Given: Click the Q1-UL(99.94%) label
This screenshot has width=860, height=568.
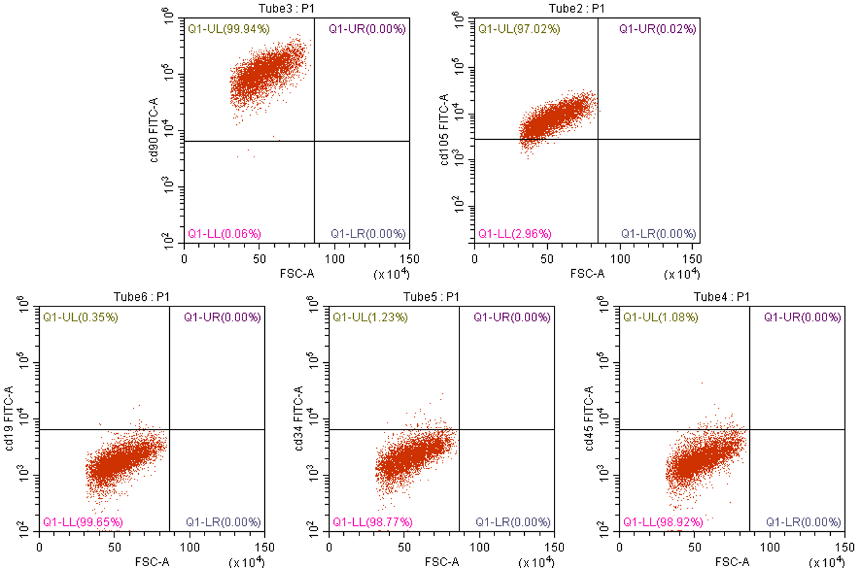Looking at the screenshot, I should click(x=228, y=29).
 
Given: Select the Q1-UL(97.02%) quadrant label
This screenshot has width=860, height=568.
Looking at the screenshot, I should click(x=519, y=29).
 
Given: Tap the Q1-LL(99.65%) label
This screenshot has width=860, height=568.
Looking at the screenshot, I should click(x=83, y=522).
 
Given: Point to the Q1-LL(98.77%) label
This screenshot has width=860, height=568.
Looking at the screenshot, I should click(x=372, y=522).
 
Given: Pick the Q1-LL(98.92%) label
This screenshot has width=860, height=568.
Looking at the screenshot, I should click(x=663, y=522).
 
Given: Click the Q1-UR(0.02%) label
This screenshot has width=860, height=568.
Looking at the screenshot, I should click(x=657, y=29).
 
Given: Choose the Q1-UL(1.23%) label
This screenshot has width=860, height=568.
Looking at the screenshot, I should click(x=370, y=317).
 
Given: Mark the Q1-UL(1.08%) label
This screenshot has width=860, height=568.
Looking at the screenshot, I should click(x=660, y=317).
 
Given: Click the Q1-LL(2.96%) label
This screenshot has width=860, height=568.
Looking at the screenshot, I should click(x=514, y=234).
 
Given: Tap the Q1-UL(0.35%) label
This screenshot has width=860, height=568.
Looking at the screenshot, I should click(x=80, y=317).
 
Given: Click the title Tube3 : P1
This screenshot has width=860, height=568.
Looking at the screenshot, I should click(x=287, y=8).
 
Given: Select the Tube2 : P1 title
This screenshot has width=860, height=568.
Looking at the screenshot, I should click(x=576, y=8).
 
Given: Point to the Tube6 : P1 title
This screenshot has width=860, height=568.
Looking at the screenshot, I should click(x=141, y=296).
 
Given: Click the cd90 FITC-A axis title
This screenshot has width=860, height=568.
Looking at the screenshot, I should click(x=154, y=130).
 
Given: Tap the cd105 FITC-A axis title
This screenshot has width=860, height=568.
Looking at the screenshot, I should click(x=444, y=130).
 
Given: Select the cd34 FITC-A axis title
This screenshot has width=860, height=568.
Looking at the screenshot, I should click(x=298, y=418).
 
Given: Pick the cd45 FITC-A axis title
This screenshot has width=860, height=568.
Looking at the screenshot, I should click(x=589, y=418).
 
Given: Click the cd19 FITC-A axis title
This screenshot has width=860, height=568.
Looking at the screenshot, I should click(x=9, y=418).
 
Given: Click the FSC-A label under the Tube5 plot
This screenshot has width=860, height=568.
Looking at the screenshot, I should click(x=442, y=562).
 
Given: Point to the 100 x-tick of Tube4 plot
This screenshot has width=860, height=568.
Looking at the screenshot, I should click(x=769, y=547).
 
